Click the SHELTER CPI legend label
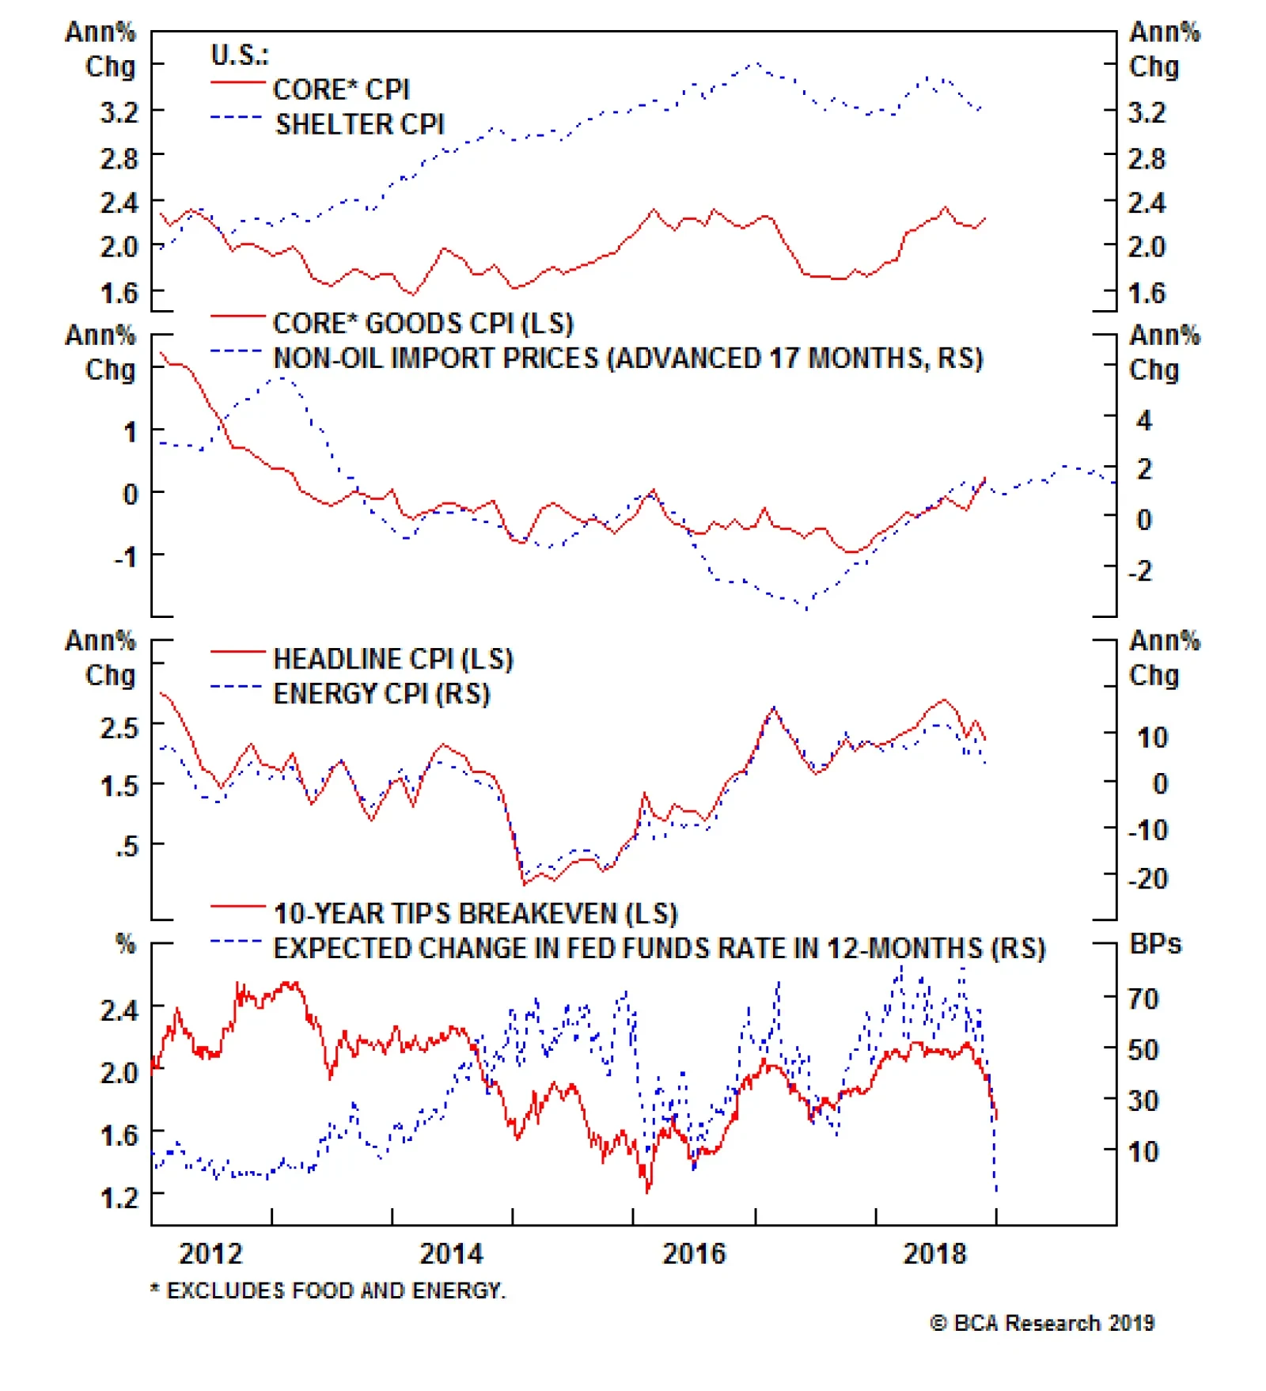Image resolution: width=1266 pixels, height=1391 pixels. [359, 124]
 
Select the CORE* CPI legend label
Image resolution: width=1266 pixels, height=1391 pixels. [341, 89]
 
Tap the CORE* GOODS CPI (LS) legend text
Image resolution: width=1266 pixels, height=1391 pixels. [423, 323]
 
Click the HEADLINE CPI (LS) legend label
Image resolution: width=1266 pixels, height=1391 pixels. [393, 658]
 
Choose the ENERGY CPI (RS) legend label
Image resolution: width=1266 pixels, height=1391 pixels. [381, 693]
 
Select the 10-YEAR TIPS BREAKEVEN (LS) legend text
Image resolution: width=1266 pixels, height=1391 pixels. [476, 913]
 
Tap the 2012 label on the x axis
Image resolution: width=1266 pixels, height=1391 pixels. [210, 1253]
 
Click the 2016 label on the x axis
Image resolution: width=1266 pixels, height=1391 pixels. [693, 1253]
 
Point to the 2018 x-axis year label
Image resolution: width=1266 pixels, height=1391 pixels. [934, 1253]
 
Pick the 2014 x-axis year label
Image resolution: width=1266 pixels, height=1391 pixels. [451, 1253]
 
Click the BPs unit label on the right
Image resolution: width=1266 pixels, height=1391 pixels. [1155, 944]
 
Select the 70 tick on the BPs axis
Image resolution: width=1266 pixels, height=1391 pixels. [1143, 999]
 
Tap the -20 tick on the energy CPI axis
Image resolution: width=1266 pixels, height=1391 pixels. [1147, 878]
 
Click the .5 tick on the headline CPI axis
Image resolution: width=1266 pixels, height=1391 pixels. [126, 846]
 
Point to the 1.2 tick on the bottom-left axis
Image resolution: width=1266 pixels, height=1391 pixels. [119, 1196]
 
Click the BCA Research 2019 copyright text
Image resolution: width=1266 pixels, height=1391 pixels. [1042, 1323]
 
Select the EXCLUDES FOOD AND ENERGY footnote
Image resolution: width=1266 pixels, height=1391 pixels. [328, 1291]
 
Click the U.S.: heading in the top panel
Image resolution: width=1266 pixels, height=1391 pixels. [239, 55]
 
